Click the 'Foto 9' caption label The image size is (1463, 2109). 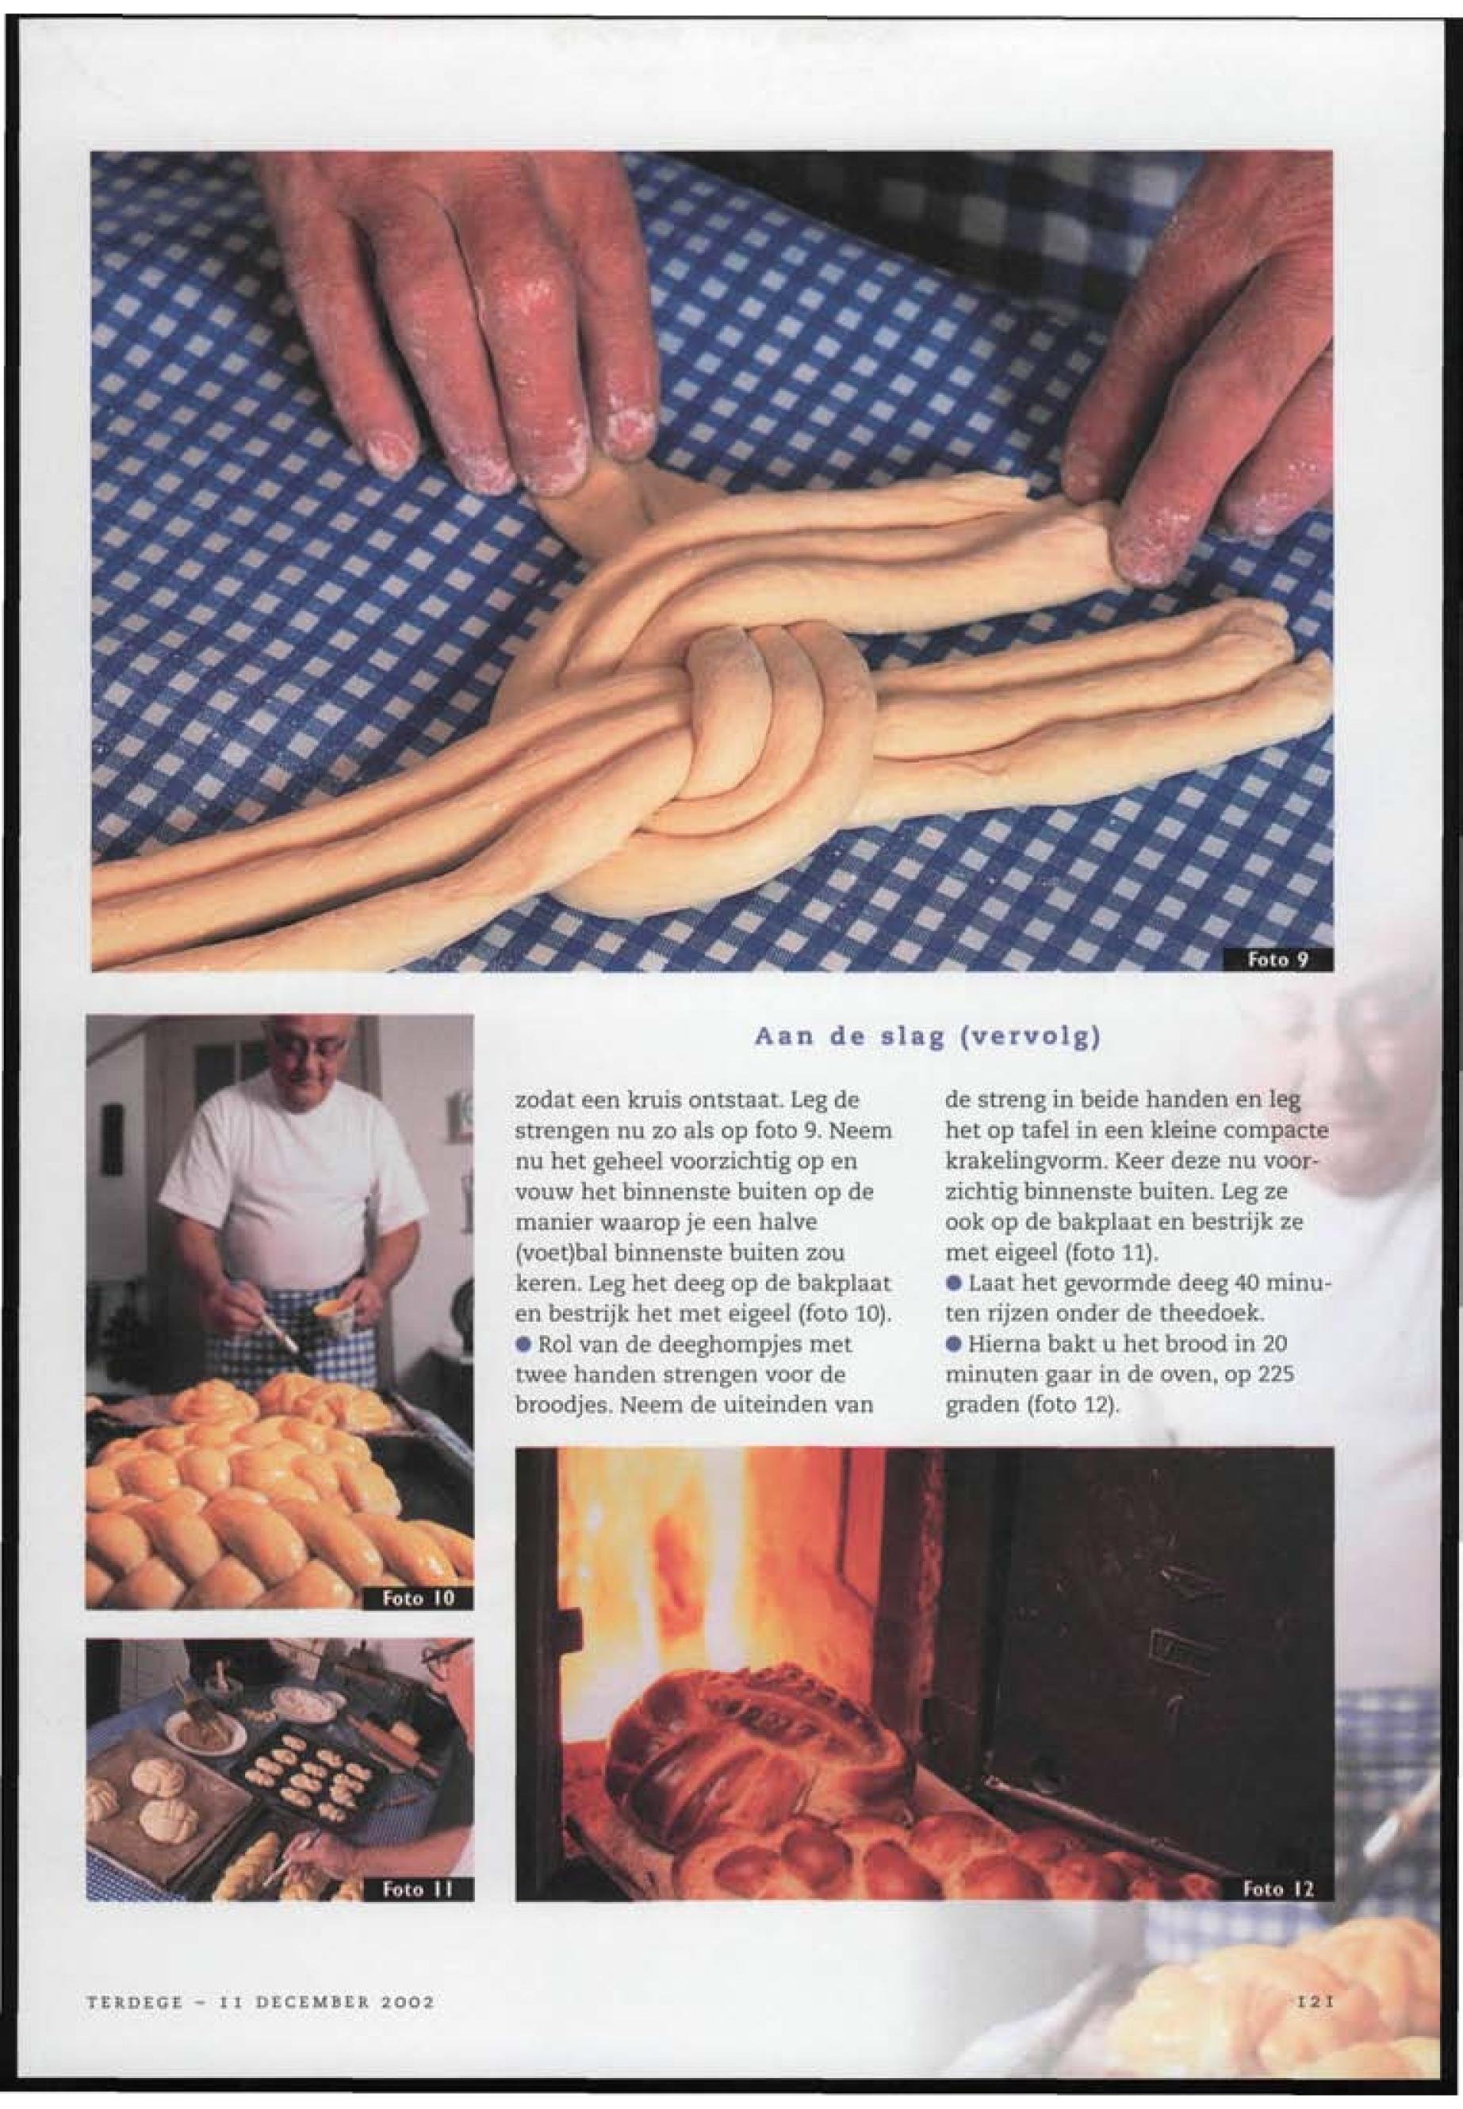click(x=1277, y=959)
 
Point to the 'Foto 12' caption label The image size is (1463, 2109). click(x=1279, y=1886)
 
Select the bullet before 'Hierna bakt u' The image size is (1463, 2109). click(x=952, y=1344)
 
